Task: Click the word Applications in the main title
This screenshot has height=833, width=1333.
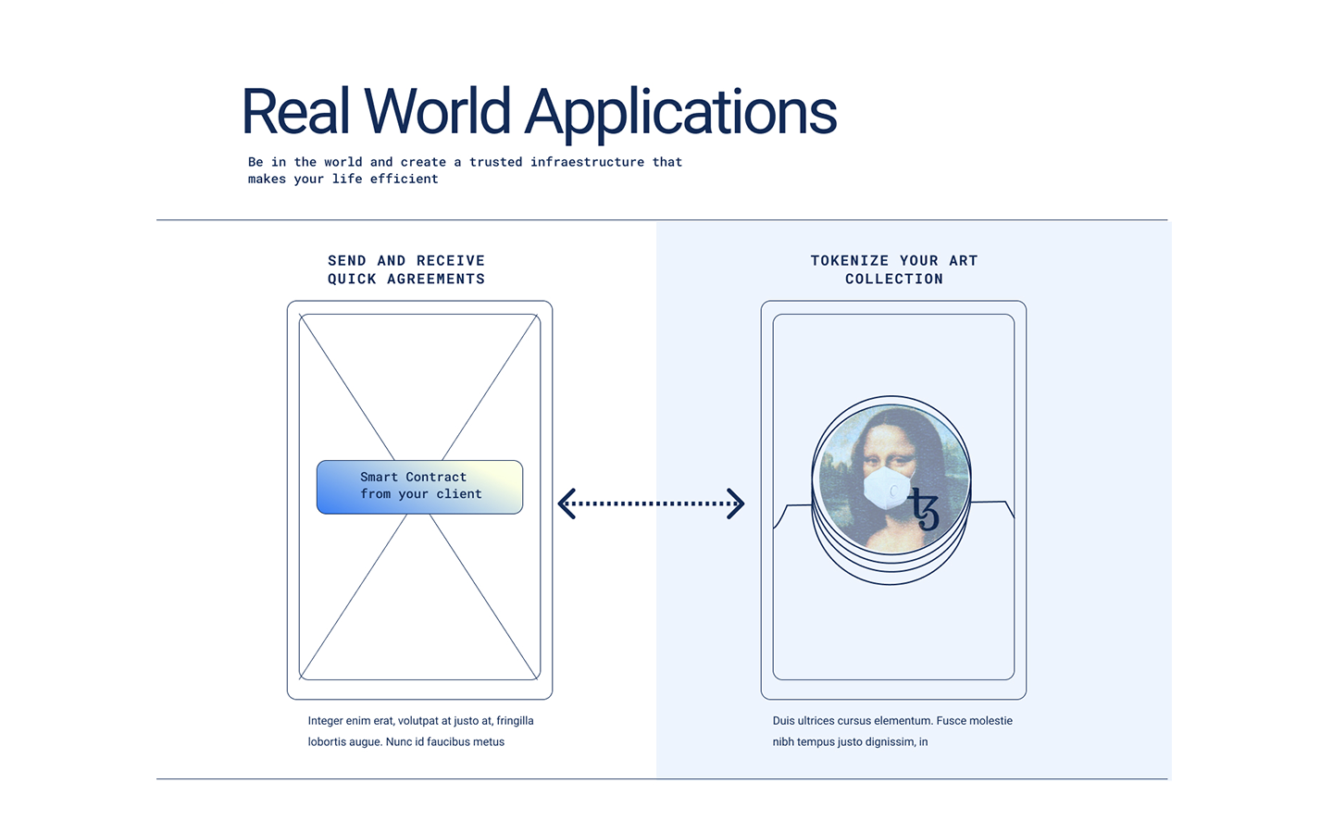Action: point(680,113)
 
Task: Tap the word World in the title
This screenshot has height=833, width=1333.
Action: point(437,111)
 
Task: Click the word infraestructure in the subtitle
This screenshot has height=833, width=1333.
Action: point(587,162)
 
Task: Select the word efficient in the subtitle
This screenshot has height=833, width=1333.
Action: point(404,180)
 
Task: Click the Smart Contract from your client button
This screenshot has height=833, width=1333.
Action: point(419,487)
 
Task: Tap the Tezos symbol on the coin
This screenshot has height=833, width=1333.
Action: point(924,507)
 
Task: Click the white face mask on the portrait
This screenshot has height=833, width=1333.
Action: point(886,487)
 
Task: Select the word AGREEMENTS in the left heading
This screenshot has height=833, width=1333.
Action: point(436,280)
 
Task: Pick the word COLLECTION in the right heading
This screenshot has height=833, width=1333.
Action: point(894,280)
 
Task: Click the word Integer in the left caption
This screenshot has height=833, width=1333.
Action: point(326,721)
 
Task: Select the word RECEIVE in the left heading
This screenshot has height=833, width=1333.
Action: point(450,261)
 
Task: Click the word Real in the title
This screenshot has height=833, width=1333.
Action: point(295,111)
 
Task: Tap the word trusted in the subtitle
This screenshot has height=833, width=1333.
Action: point(495,162)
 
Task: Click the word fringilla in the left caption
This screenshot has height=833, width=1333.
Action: point(515,721)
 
